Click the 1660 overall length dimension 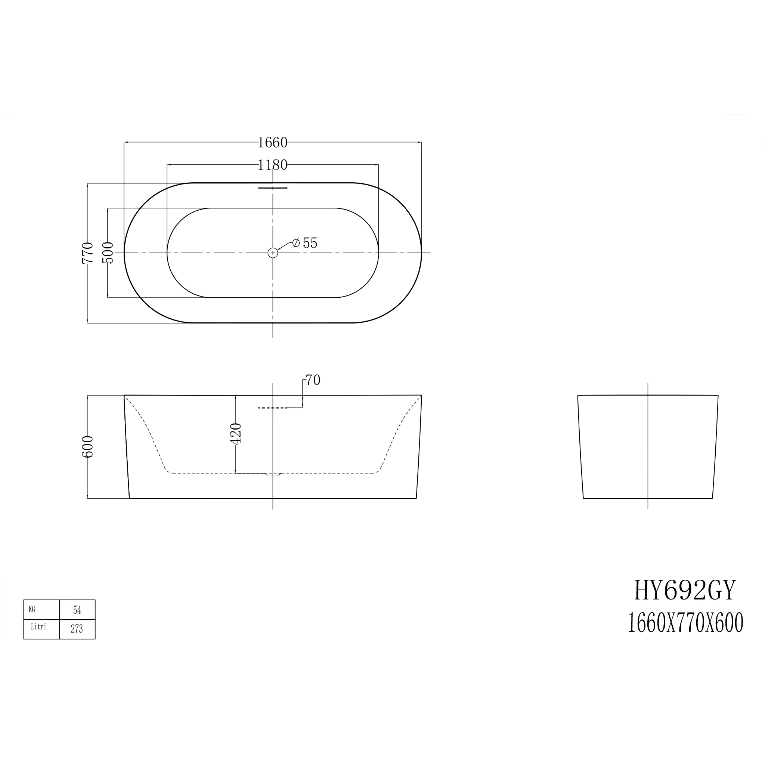tap(272, 143)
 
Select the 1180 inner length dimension tap(272, 165)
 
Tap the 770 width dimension tap(87, 253)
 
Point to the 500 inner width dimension tap(108, 253)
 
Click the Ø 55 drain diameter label tap(305, 243)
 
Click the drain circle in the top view tap(273, 253)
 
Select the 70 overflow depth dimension tap(313, 380)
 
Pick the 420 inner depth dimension tap(236, 434)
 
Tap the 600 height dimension tap(87, 447)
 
